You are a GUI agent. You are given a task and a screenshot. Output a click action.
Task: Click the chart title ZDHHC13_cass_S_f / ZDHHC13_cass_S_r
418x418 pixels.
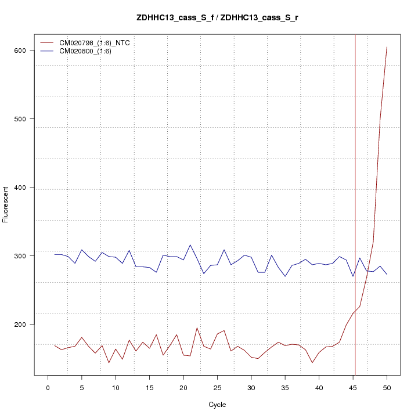[217, 18]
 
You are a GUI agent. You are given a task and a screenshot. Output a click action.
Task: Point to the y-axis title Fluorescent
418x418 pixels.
[6, 204]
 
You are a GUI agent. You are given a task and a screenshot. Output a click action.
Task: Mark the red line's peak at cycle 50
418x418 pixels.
[387, 47]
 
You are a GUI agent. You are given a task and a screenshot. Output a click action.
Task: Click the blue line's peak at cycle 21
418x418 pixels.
[190, 245]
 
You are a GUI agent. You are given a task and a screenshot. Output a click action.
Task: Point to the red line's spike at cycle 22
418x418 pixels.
[197, 328]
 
